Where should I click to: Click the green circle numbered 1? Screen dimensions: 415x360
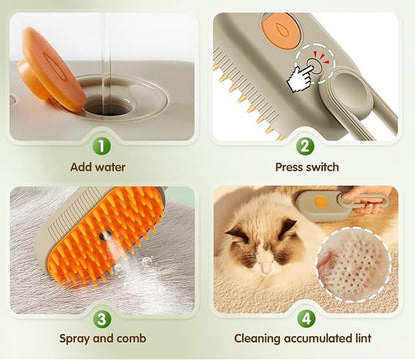point(101,147)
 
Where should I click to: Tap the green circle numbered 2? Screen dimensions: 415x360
point(305,147)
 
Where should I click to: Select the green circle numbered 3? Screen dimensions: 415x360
point(102,319)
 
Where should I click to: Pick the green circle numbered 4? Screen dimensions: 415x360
point(306,319)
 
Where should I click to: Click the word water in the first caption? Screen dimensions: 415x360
point(109,167)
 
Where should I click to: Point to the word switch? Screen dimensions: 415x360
point(321,167)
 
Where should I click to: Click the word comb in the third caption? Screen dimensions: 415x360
point(132,338)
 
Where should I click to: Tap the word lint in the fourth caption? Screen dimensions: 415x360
point(361,338)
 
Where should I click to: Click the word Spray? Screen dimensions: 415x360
point(74,339)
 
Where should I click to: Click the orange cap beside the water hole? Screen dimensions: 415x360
point(50,68)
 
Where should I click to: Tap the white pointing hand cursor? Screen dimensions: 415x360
point(300,78)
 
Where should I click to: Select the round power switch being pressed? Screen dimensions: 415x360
point(314,66)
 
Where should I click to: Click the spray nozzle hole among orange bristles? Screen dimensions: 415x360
point(106,236)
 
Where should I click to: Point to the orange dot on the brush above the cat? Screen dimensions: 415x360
point(320,202)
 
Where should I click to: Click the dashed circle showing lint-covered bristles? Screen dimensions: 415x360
point(353,264)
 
